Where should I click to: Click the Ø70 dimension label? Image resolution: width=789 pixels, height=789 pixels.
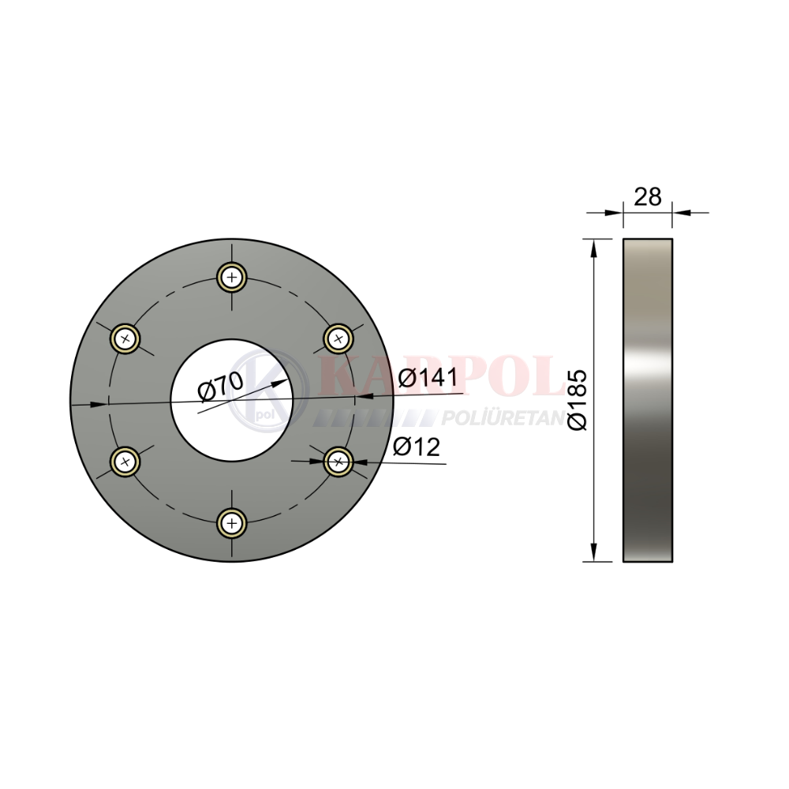click(x=220, y=387)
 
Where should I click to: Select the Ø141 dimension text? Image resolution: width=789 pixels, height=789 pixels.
click(x=428, y=377)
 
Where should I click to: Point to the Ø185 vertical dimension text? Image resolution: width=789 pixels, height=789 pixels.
click(x=578, y=400)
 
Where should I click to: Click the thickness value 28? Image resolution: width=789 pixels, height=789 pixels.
click(x=648, y=196)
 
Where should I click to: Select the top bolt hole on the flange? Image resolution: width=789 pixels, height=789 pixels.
click(x=232, y=277)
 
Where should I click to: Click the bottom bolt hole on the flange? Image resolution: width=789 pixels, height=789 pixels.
click(x=232, y=523)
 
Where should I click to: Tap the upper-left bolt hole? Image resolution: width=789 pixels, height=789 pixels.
click(x=125, y=338)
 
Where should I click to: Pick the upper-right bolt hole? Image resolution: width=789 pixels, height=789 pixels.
click(x=338, y=338)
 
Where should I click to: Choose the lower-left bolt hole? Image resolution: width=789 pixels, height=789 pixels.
click(x=125, y=461)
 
